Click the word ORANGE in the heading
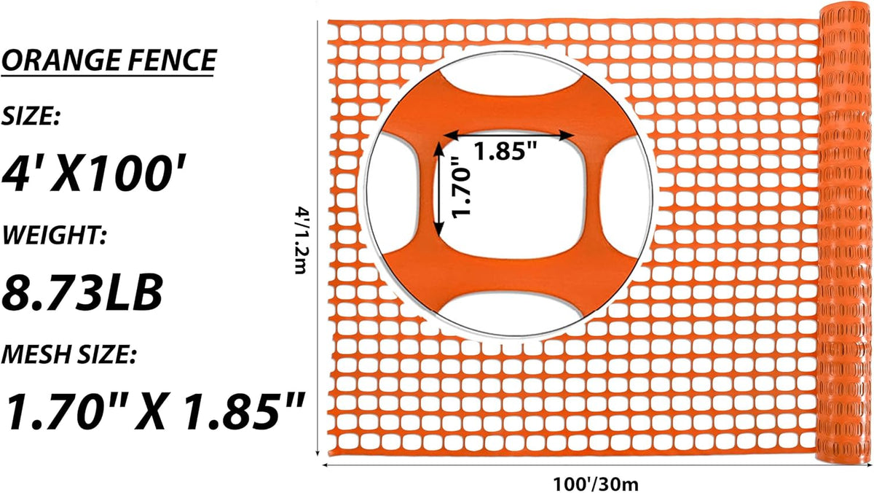pyautogui.click(x=61, y=60)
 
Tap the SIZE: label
pyautogui.click(x=31, y=116)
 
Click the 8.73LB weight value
pyautogui.click(x=82, y=292)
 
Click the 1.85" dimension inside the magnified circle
pyautogui.click(x=505, y=151)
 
